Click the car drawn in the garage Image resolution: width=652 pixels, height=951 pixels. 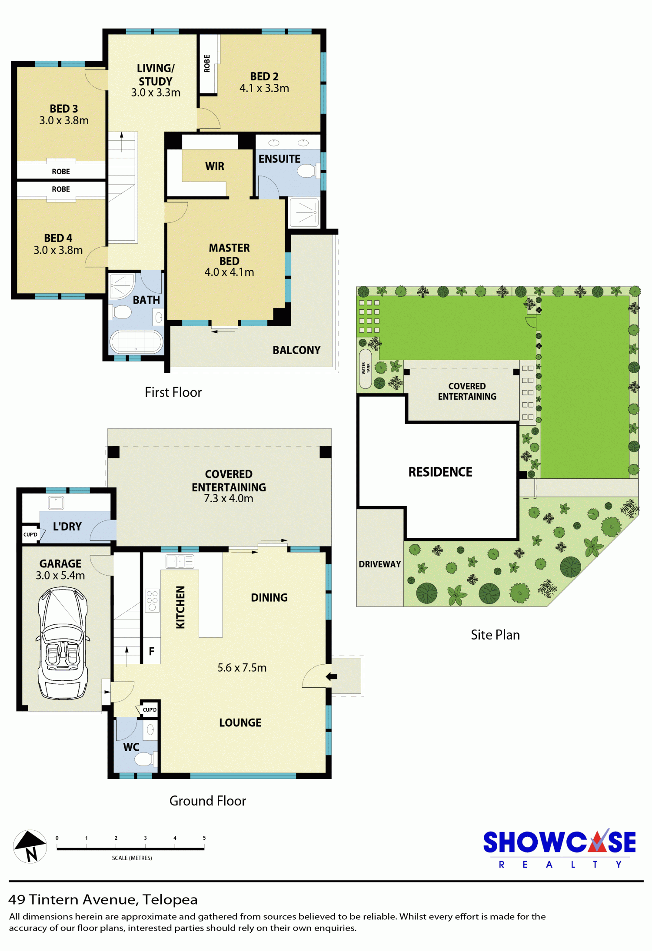coord(63,643)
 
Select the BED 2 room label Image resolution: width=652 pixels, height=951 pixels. coord(264,76)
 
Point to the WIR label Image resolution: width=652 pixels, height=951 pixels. coord(215,166)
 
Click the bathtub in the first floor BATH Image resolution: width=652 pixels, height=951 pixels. coord(136,341)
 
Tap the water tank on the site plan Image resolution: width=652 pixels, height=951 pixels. coord(366,368)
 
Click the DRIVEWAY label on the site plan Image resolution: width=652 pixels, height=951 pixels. coord(380,564)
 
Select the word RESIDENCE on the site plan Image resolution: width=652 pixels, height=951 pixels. coord(440,472)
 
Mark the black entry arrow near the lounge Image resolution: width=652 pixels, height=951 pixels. coord(332,676)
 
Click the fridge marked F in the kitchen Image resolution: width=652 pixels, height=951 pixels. coord(152,651)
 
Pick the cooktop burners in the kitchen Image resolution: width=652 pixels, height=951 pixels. coord(152,600)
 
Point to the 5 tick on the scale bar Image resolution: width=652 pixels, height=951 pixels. coord(204,845)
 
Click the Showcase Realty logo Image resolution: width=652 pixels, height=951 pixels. coord(559,849)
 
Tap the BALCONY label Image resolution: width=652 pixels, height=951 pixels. coord(296,350)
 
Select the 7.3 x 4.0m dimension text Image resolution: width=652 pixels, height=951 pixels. coord(229,498)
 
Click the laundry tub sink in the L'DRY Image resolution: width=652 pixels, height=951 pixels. coord(56,503)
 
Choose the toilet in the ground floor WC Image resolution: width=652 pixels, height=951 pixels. coord(145,759)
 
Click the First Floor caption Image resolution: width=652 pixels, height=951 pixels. coord(173,392)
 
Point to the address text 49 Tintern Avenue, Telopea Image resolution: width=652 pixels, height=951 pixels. coord(103,899)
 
